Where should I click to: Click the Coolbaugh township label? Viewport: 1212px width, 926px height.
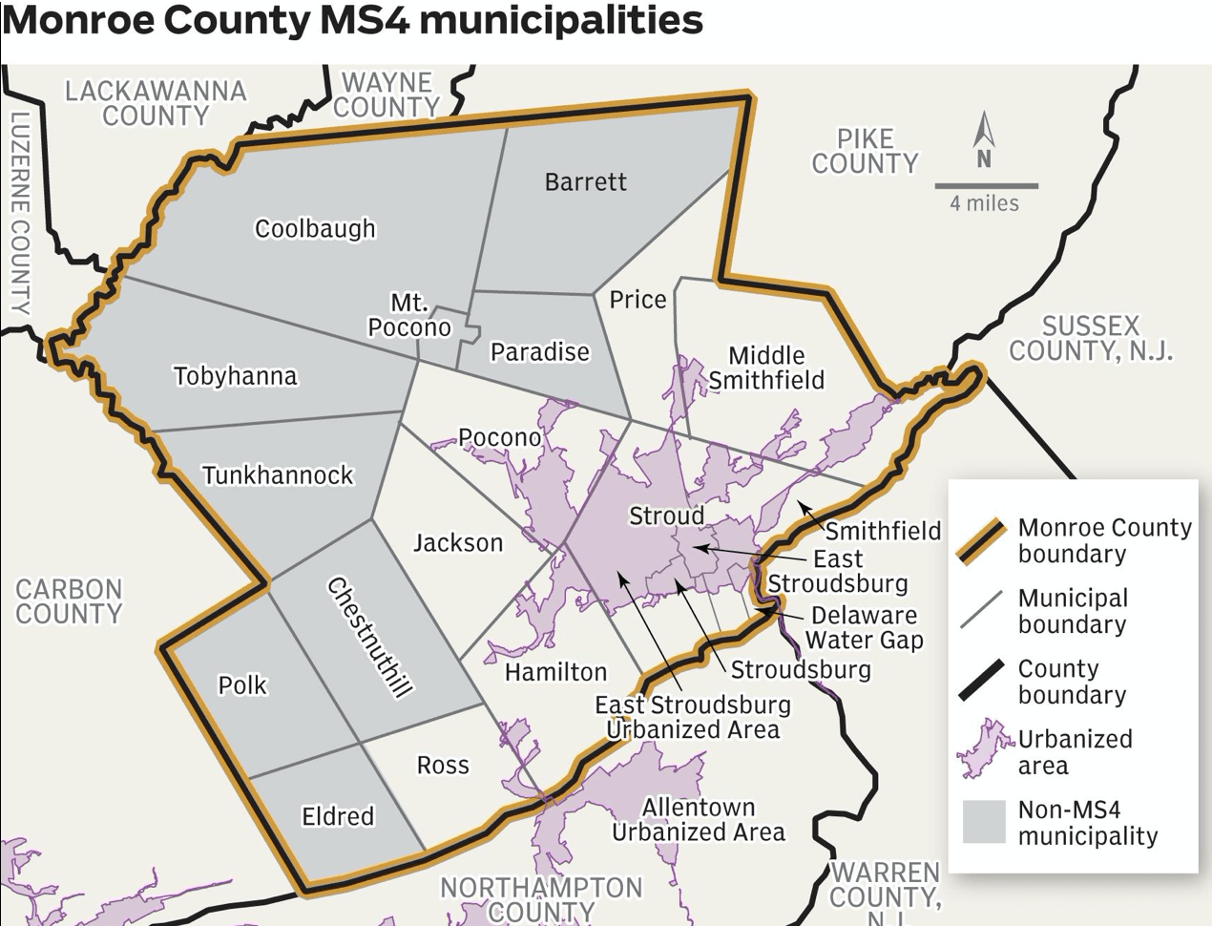pyautogui.click(x=315, y=229)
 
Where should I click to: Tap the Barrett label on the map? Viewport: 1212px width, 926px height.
pyautogui.click(x=585, y=181)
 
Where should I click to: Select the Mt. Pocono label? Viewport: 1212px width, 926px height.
pyautogui.click(x=409, y=315)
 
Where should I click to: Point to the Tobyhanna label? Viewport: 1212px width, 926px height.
pyautogui.click(x=235, y=376)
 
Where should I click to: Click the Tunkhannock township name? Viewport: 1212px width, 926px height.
pyautogui.click(x=278, y=474)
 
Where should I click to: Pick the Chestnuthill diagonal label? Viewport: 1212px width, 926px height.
pyautogui.click(x=370, y=637)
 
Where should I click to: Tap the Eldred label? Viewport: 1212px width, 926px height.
pyautogui.click(x=338, y=816)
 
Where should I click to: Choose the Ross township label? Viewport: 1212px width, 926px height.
pyautogui.click(x=443, y=765)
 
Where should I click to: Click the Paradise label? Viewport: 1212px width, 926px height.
pyautogui.click(x=540, y=352)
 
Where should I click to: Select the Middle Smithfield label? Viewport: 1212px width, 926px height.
pyautogui.click(x=765, y=368)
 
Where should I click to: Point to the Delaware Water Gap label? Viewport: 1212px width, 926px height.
pyautogui.click(x=865, y=627)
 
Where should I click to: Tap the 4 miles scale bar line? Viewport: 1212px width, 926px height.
pyautogui.click(x=986, y=185)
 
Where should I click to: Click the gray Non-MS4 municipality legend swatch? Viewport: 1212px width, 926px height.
pyautogui.click(x=984, y=822)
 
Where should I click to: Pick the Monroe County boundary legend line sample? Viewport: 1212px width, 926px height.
pyautogui.click(x=983, y=541)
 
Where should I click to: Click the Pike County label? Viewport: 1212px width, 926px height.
pyautogui.click(x=865, y=152)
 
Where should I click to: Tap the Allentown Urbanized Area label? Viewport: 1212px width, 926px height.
pyautogui.click(x=699, y=819)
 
